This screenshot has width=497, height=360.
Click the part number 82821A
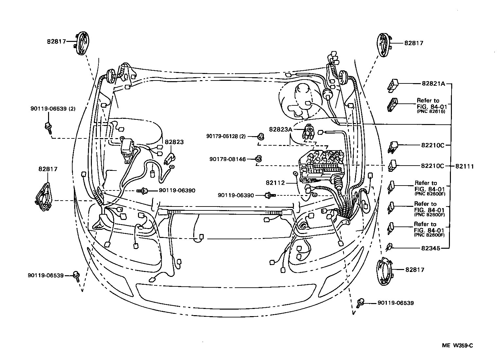(x=433, y=83)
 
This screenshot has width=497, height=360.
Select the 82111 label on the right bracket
(x=464, y=166)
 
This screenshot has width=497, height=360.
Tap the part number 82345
(x=431, y=248)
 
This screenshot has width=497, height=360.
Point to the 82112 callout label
(x=275, y=183)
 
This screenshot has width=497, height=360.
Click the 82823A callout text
(x=280, y=129)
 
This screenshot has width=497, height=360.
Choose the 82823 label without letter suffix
(x=174, y=142)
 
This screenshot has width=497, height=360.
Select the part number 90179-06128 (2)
(x=226, y=136)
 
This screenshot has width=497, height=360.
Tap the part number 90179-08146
(x=228, y=159)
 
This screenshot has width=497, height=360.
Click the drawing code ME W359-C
(x=458, y=345)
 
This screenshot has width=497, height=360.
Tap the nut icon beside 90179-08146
(x=258, y=159)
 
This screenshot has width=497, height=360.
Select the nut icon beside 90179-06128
(x=261, y=136)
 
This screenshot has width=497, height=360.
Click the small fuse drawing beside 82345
(x=389, y=247)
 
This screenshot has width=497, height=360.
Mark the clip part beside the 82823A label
(x=308, y=132)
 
